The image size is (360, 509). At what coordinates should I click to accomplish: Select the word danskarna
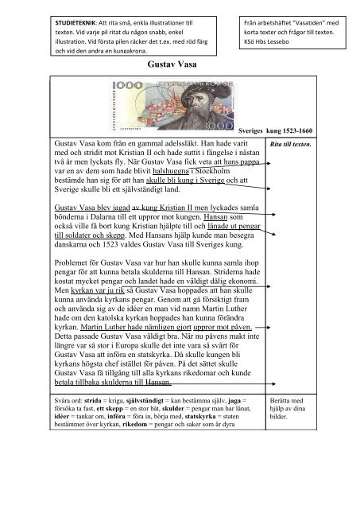pyautogui.click(x=69, y=251)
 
